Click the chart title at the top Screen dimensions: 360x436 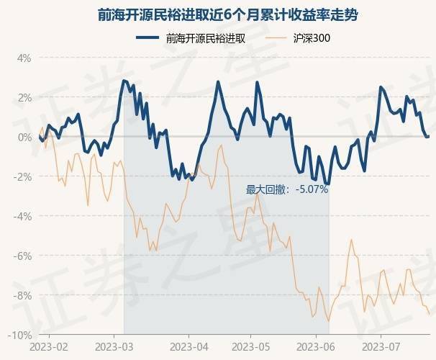[218, 14]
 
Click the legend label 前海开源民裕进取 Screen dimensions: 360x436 [205, 39]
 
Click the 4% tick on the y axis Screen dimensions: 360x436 [24, 58]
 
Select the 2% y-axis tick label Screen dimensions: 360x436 [24, 97]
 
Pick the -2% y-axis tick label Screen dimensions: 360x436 [22, 177]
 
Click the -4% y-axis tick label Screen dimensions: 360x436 [22, 217]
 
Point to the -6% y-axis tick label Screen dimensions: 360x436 [22, 256]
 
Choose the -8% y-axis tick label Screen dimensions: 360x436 [22, 296]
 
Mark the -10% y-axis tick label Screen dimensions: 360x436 [20, 336]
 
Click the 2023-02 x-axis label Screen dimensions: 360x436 [50, 346]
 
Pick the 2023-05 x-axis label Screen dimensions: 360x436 [252, 346]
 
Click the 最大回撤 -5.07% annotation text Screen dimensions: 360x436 [287, 189]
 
